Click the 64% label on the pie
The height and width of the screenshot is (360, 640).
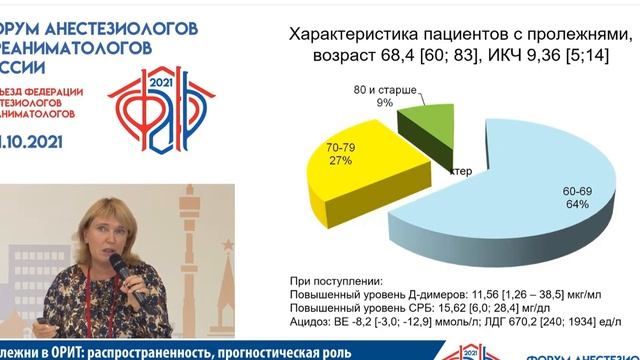click(576, 204)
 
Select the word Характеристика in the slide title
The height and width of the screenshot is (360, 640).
click(346, 35)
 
